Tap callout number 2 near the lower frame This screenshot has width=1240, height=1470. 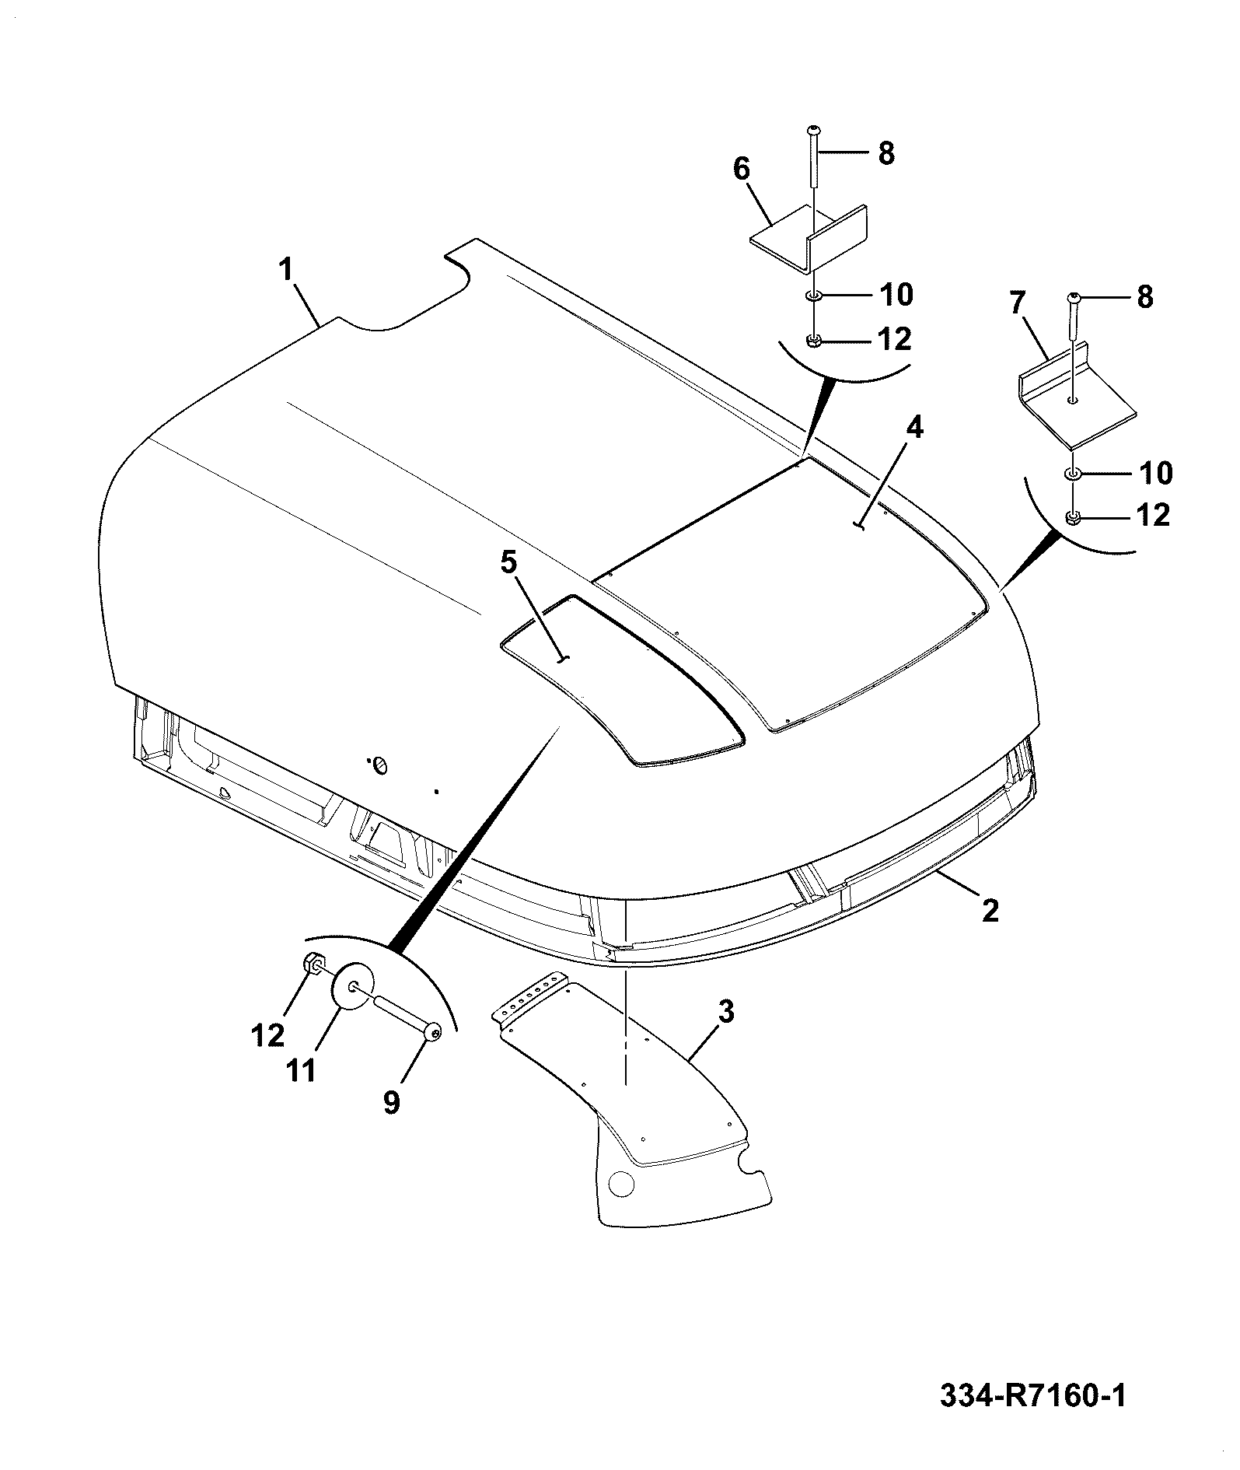click(990, 910)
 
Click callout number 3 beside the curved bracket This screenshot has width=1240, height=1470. click(725, 1013)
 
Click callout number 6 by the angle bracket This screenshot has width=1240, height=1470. click(742, 169)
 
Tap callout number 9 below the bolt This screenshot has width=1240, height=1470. click(391, 1102)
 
